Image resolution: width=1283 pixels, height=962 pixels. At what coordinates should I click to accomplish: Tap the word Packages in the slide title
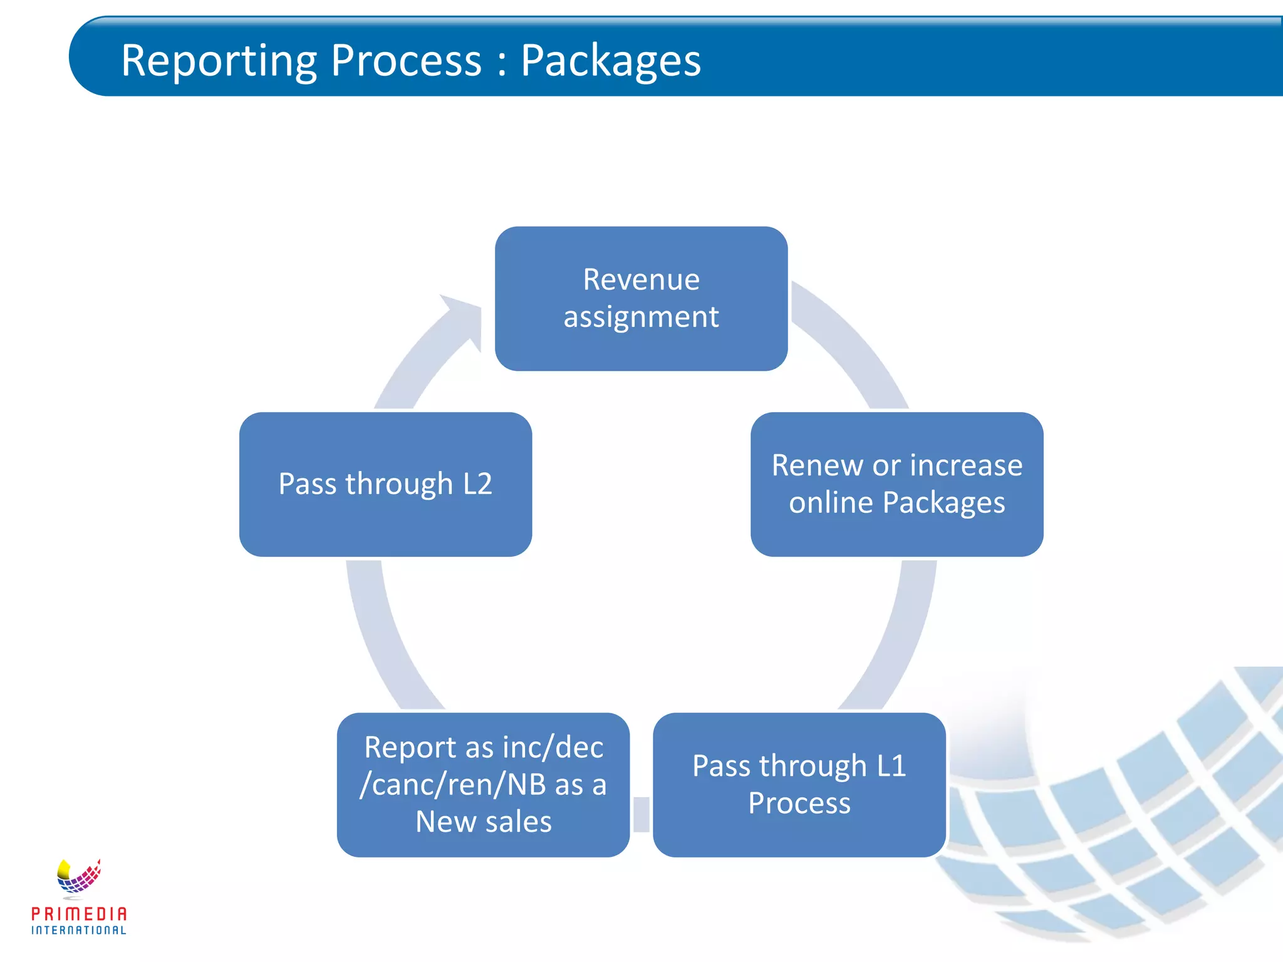[x=611, y=61]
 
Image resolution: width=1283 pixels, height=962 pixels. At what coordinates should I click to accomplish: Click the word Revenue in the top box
[x=641, y=279]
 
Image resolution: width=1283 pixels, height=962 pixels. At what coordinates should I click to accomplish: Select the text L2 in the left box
[x=477, y=484]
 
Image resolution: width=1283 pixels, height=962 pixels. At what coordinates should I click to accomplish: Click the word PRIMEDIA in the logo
[x=79, y=914]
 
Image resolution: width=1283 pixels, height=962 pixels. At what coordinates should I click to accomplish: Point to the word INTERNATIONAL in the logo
[x=79, y=931]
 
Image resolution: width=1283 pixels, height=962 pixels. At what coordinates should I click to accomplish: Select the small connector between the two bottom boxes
[x=641, y=814]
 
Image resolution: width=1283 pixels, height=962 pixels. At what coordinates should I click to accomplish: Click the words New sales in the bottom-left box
[x=483, y=822]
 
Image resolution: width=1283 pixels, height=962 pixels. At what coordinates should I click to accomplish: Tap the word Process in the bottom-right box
[x=799, y=803]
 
